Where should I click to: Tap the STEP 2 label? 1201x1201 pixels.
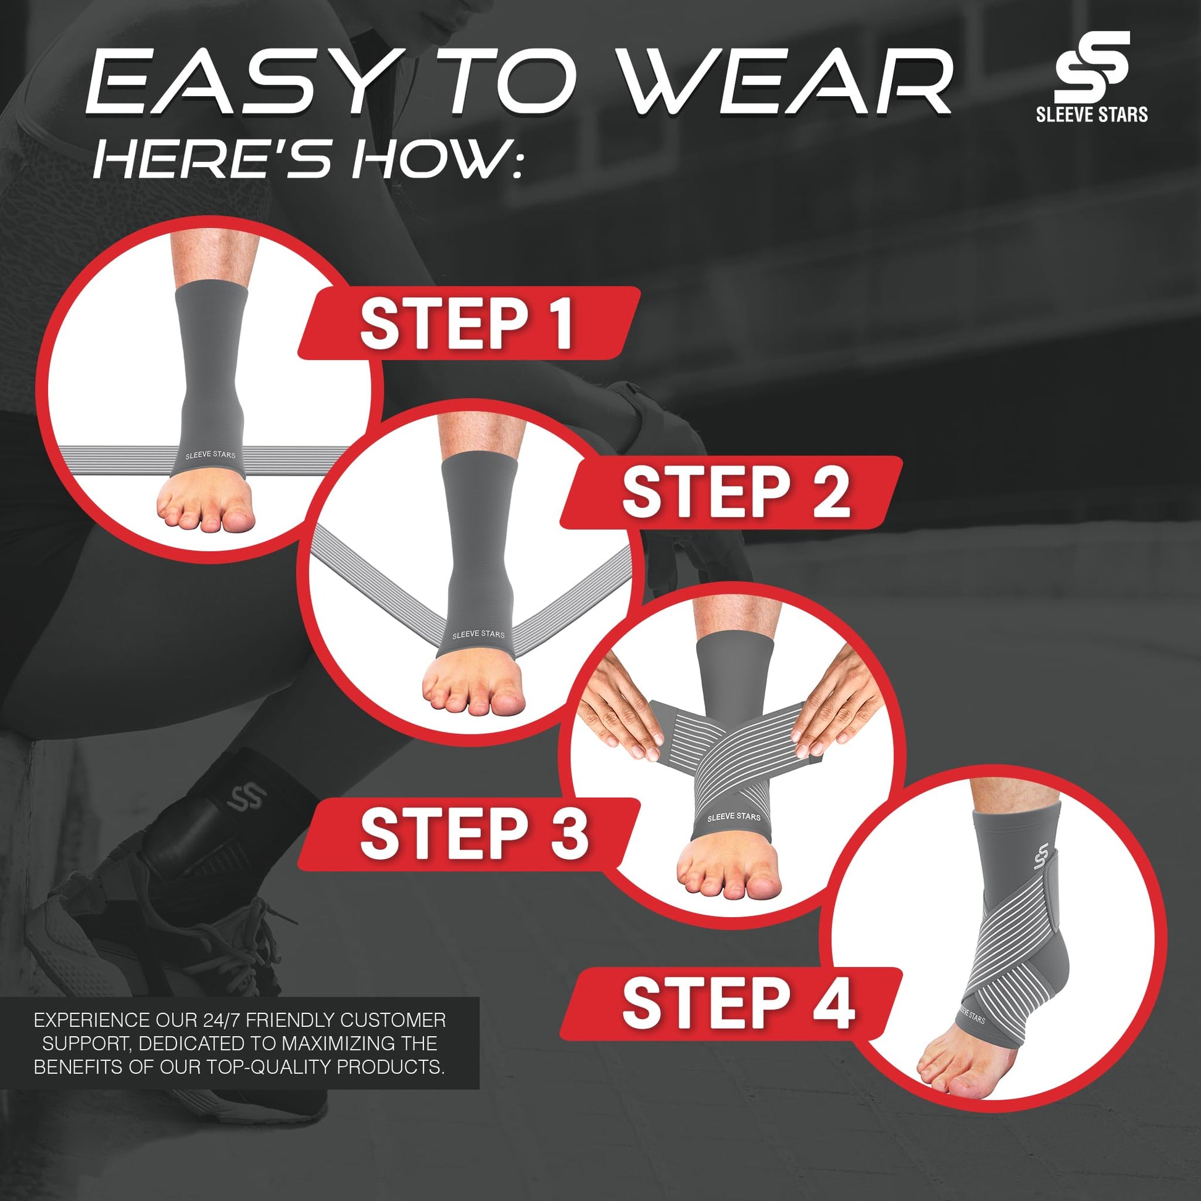coord(736,492)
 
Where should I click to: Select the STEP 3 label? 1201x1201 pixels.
coord(474,834)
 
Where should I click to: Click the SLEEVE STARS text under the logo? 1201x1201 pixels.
coord(1092,114)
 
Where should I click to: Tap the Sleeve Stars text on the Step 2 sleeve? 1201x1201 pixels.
coord(479,634)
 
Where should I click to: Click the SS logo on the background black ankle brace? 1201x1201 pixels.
coord(246,797)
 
